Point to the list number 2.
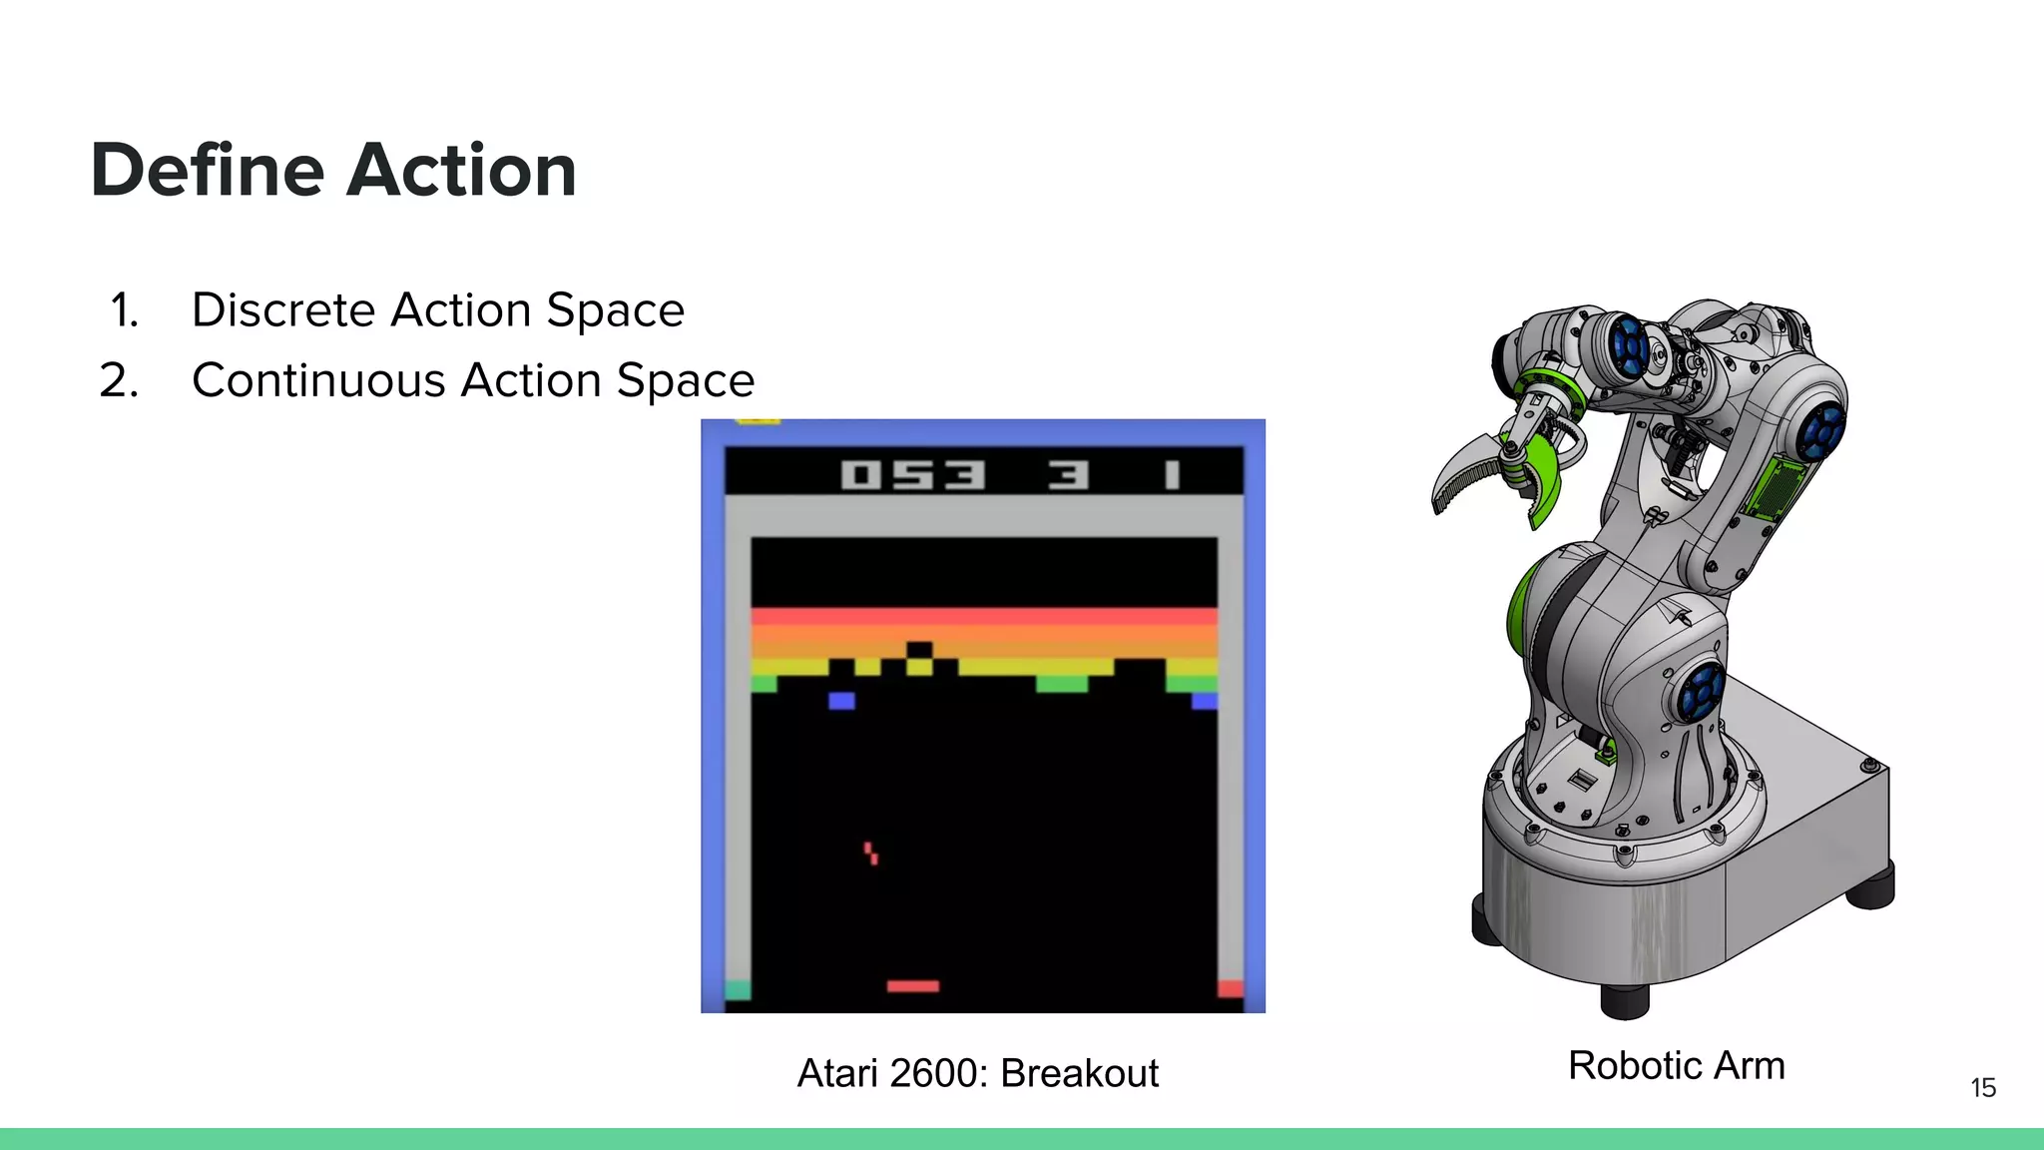(x=119, y=381)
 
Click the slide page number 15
(x=1982, y=1088)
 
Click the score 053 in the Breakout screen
(x=912, y=474)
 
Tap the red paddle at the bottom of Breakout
(x=912, y=986)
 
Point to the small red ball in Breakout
(x=871, y=853)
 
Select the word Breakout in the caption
(x=1079, y=1074)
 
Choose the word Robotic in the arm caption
(x=1633, y=1066)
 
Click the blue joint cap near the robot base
(x=1699, y=692)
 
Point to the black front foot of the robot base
(x=1624, y=1000)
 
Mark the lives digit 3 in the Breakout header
(x=1067, y=474)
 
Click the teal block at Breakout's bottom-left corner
(x=738, y=989)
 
